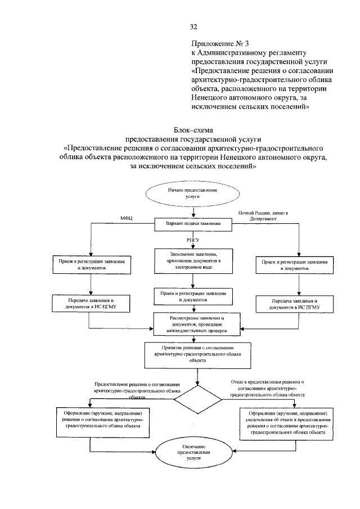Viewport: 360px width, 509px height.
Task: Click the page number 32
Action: coord(193,26)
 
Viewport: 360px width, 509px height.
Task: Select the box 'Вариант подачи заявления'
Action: coord(193,224)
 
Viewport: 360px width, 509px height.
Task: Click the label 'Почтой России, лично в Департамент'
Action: coord(263,215)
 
